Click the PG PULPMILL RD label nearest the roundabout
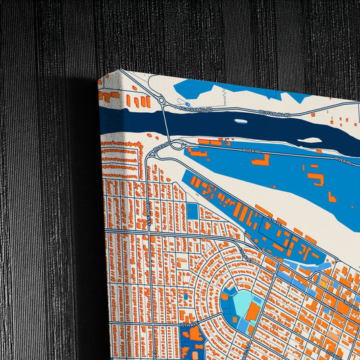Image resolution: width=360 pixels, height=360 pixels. [x=196, y=108]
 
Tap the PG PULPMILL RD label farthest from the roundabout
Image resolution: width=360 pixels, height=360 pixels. [x=275, y=114]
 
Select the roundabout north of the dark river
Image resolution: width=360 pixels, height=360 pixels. [x=161, y=101]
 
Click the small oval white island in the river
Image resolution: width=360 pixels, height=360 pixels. [x=241, y=122]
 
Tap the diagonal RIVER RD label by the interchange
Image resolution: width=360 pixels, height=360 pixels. [x=160, y=147]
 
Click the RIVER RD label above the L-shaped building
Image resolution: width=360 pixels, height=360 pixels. [x=249, y=152]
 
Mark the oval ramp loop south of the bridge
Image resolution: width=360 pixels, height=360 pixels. [x=177, y=145]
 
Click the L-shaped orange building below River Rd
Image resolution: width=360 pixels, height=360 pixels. [x=261, y=160]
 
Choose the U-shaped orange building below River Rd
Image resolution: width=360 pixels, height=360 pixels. [x=315, y=178]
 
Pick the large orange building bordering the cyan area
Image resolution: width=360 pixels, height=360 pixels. [x=251, y=311]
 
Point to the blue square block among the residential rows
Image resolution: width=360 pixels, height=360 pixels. [x=192, y=211]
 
